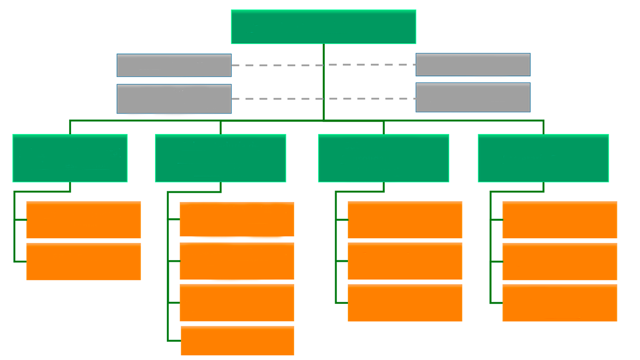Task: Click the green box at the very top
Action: click(323, 27)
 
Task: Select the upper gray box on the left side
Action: click(174, 65)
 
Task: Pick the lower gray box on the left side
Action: click(174, 98)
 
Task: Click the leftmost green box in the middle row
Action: click(70, 157)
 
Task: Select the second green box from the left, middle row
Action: click(220, 157)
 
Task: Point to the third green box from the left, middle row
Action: click(384, 157)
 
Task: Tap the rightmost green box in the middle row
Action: click(543, 157)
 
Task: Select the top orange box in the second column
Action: click(236, 219)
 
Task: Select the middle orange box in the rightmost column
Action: click(558, 262)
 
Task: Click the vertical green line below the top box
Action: click(323, 82)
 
